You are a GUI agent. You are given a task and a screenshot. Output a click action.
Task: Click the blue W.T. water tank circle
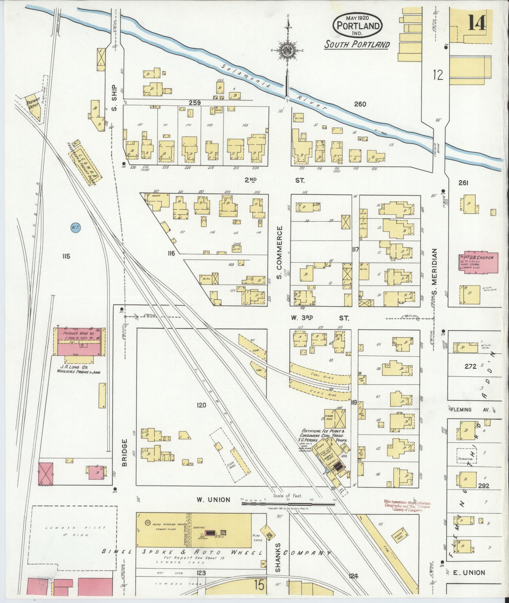click(x=75, y=227)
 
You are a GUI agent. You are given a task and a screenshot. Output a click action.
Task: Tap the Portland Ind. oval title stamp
click(x=358, y=25)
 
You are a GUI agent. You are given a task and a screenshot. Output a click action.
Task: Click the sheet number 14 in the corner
click(x=476, y=23)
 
